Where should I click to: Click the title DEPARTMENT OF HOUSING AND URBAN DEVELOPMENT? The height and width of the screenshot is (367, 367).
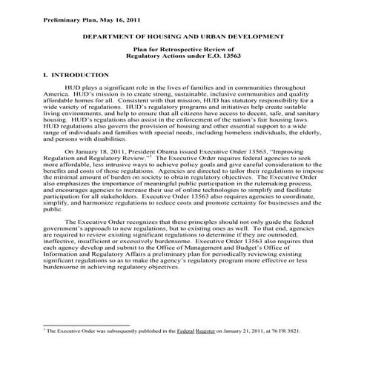coord(185,35)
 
